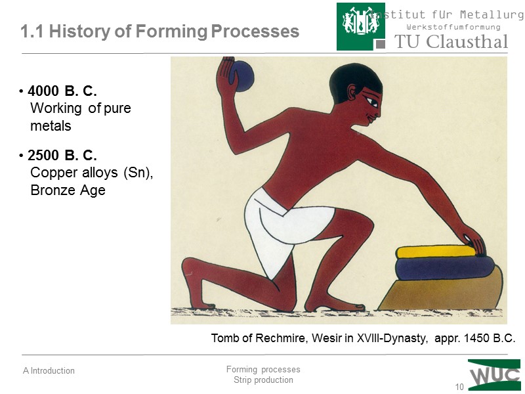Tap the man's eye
(x=372, y=102)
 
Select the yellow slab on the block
(x=434, y=252)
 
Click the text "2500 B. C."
(x=62, y=156)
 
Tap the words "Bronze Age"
(x=68, y=191)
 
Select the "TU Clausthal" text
(x=451, y=42)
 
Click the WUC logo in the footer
(x=493, y=375)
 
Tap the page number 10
(x=459, y=387)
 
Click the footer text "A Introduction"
(x=49, y=371)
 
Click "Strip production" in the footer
(x=263, y=380)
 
